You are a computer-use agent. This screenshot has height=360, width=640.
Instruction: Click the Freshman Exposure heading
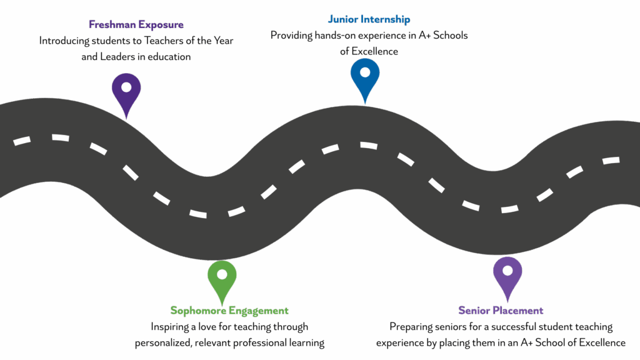136,25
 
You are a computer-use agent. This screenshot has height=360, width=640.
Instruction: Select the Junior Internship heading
369,20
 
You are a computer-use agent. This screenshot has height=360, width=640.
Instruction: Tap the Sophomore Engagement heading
229,311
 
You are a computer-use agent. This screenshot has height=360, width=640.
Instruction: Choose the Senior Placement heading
501,311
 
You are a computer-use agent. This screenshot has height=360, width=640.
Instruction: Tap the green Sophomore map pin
222,279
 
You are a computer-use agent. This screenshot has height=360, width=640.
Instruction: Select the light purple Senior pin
507,276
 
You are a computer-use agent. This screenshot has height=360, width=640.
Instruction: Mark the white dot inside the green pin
222,274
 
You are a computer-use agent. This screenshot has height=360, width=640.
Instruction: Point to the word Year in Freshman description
222,41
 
